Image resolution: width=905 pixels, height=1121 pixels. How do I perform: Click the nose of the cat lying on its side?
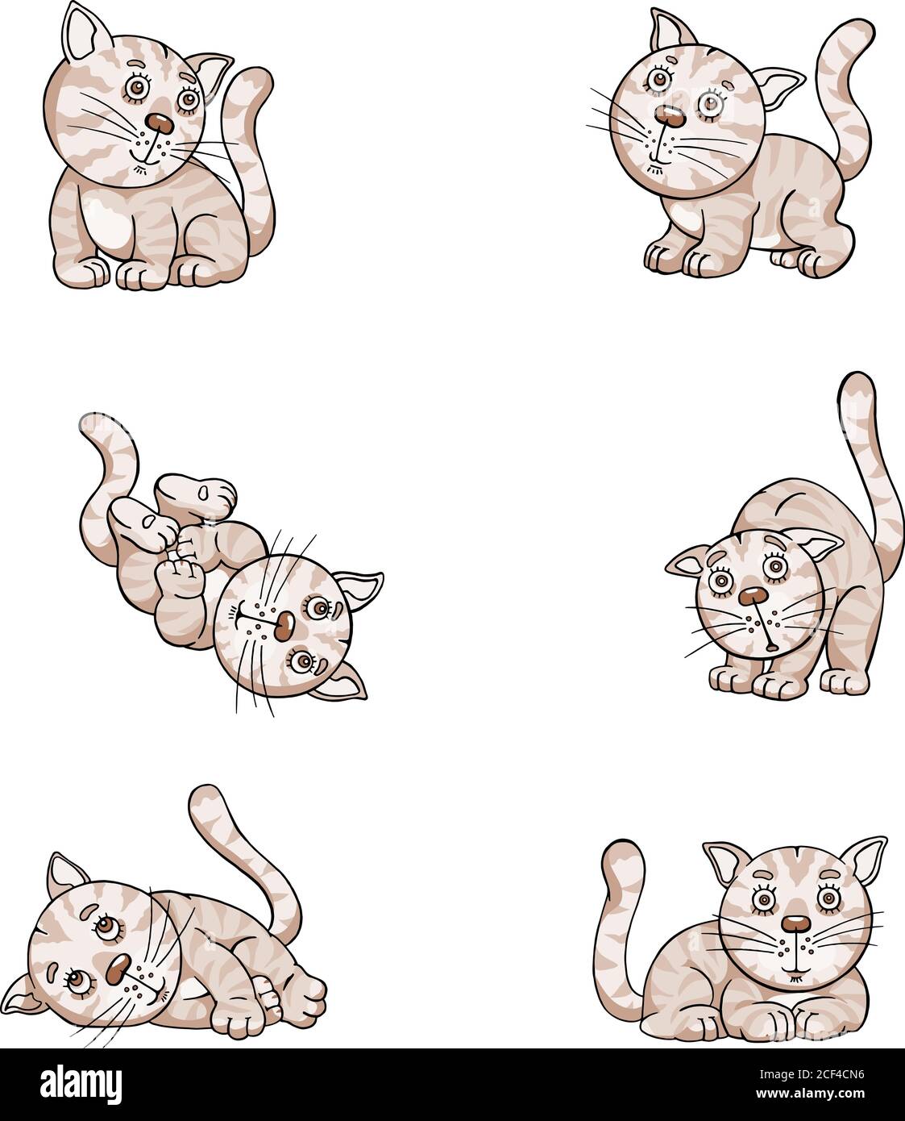pos(120,964)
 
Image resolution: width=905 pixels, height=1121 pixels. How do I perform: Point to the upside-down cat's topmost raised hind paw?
pos(201,492)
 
